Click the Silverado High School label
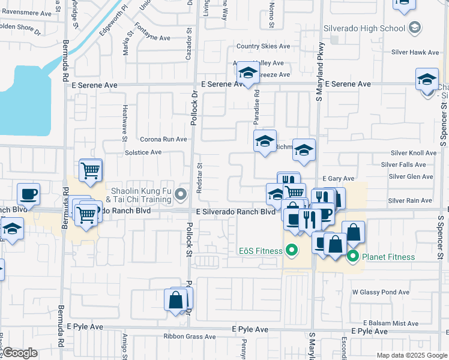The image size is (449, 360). [364, 28]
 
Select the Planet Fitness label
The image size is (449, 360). [388, 257]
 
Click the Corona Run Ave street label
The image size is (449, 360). [163, 139]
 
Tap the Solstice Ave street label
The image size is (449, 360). [143, 152]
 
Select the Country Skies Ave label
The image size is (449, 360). [263, 46]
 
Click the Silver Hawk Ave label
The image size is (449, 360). [417, 53]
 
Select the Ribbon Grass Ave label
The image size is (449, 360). [185, 337]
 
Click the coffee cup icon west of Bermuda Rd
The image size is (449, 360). [28, 194]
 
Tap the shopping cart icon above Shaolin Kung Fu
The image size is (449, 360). [90, 170]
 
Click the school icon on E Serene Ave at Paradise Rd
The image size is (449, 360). [247, 73]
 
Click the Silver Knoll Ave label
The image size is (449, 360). [413, 153]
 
